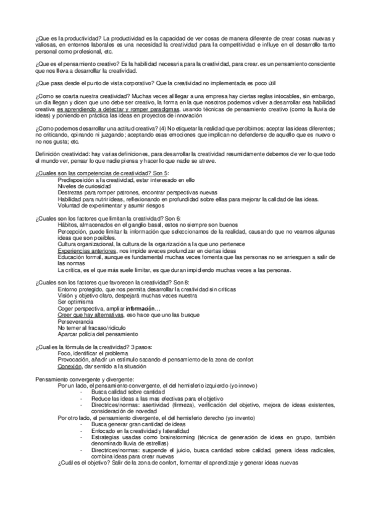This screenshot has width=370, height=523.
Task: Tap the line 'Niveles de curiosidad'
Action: (x=84, y=185)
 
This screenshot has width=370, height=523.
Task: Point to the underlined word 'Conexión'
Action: (x=69, y=364)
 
